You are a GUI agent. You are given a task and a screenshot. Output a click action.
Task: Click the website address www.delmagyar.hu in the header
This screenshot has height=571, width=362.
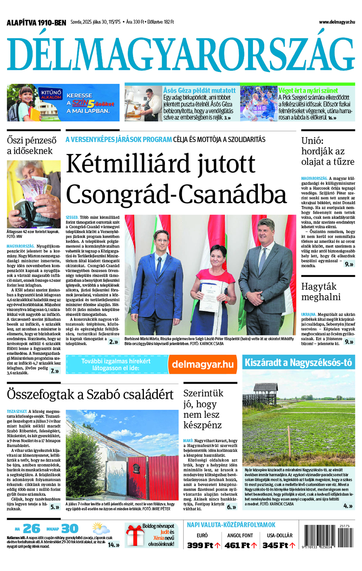pyautogui.click(x=337, y=23)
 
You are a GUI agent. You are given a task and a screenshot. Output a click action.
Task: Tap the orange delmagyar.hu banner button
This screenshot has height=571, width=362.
pyautogui.click(x=202, y=364)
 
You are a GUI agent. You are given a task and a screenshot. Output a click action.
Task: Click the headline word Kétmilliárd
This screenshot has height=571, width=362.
pyautogui.click(x=160, y=164)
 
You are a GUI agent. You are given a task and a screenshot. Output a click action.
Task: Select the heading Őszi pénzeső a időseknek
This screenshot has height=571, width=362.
pyautogui.click(x=31, y=146)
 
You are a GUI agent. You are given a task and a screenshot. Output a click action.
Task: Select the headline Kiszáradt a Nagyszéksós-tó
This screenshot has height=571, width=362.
pyautogui.click(x=298, y=363)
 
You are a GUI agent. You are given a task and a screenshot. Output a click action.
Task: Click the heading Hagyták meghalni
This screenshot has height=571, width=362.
pyautogui.click(x=321, y=292)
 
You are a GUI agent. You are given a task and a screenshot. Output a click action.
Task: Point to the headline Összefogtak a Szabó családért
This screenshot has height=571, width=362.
pyautogui.click(x=90, y=394)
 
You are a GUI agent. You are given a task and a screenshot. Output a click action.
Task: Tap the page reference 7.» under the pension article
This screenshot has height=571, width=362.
pyautogui.click(x=55, y=371)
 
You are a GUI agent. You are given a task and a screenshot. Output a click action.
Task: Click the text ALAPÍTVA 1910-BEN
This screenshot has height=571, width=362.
pyautogui.click(x=36, y=23)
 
